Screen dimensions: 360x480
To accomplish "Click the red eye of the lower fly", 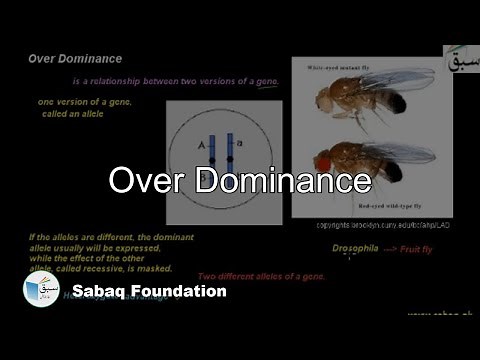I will point(326,159).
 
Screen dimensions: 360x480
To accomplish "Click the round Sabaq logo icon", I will point(41,290).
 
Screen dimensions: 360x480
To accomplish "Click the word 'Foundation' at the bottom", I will point(180,292).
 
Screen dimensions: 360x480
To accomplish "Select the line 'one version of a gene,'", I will point(85,102).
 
